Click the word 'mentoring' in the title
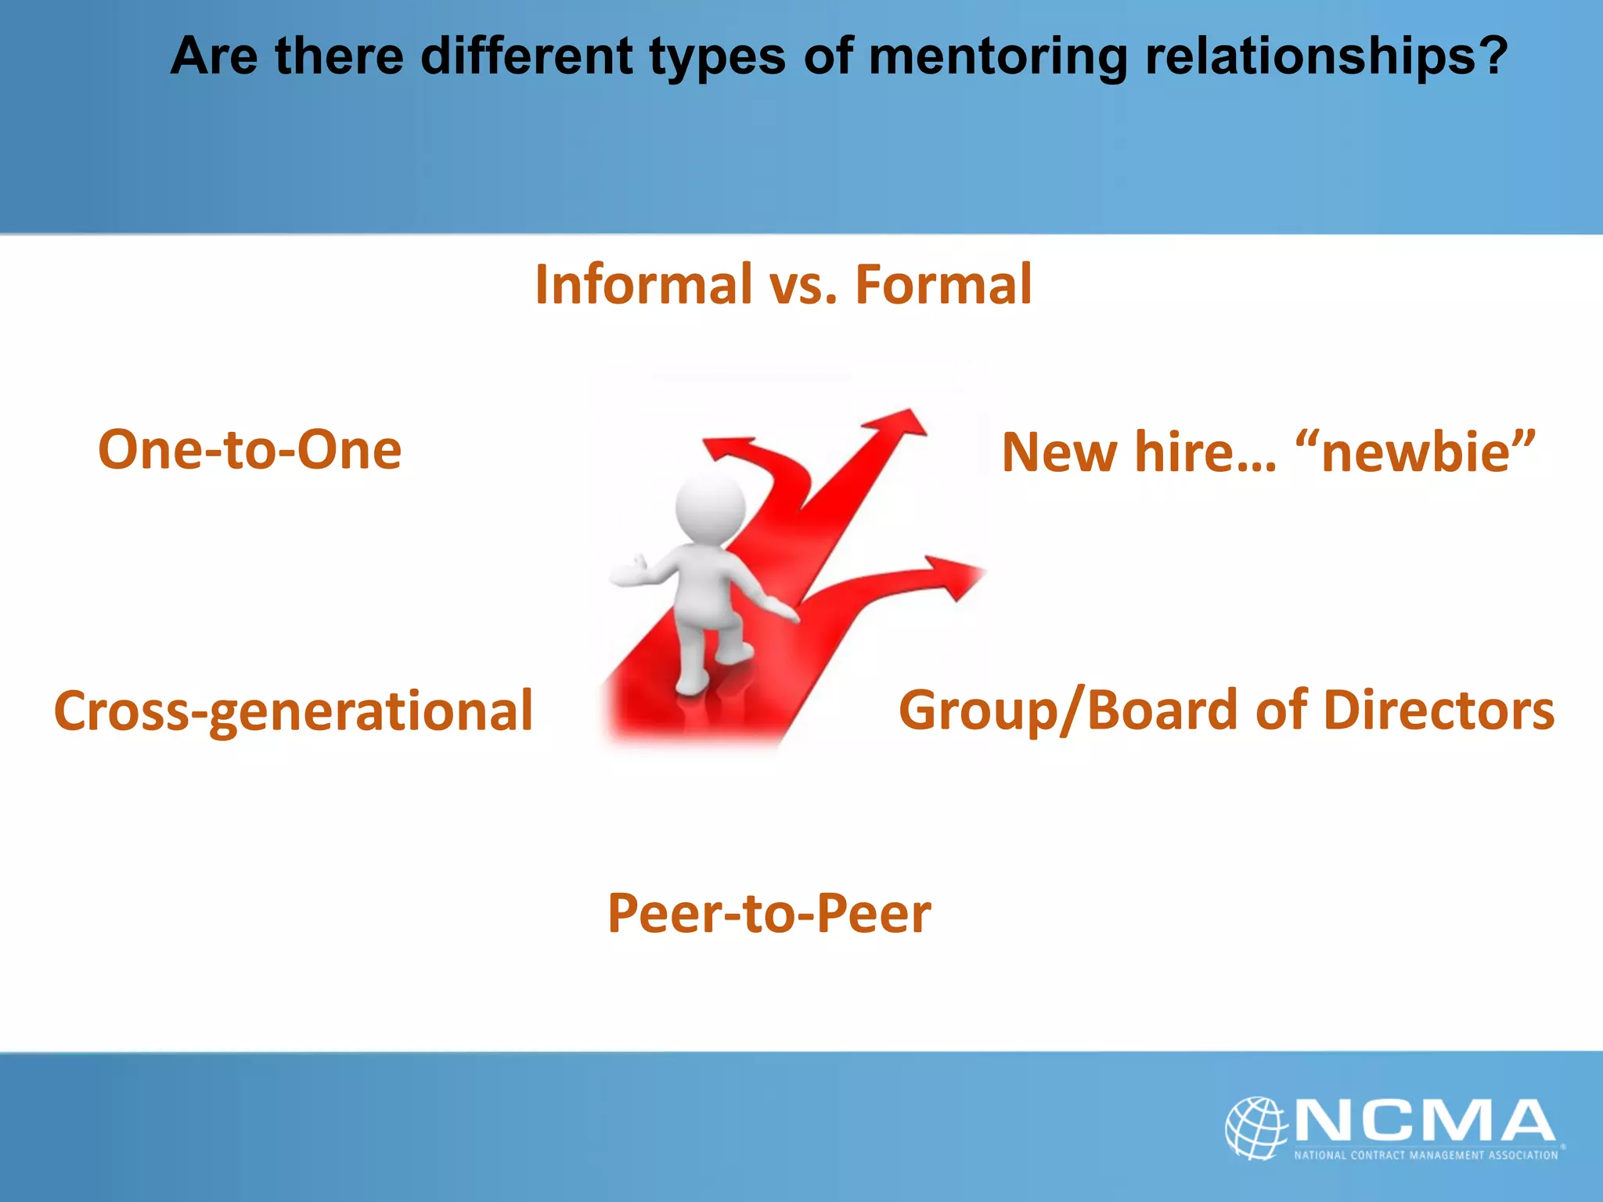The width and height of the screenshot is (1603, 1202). coord(998,58)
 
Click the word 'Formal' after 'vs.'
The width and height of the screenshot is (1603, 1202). coord(943,284)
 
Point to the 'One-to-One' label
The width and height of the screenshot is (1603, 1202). coord(250,450)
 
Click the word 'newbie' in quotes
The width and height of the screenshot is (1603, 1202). coord(1415,453)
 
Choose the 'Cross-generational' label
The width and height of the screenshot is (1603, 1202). coord(293,711)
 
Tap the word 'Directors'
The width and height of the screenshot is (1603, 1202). coord(1439,711)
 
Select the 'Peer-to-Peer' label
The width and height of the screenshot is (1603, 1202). coord(769,913)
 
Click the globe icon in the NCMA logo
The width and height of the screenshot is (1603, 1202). coord(1255,1127)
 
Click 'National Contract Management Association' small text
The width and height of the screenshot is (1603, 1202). coord(1425,1155)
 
